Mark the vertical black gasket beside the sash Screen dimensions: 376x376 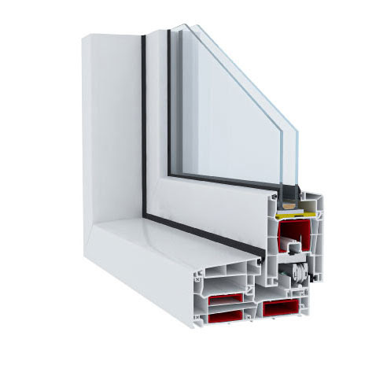point(144,118)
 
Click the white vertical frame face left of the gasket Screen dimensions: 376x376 point(114,118)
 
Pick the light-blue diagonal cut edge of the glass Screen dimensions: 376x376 point(244,79)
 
